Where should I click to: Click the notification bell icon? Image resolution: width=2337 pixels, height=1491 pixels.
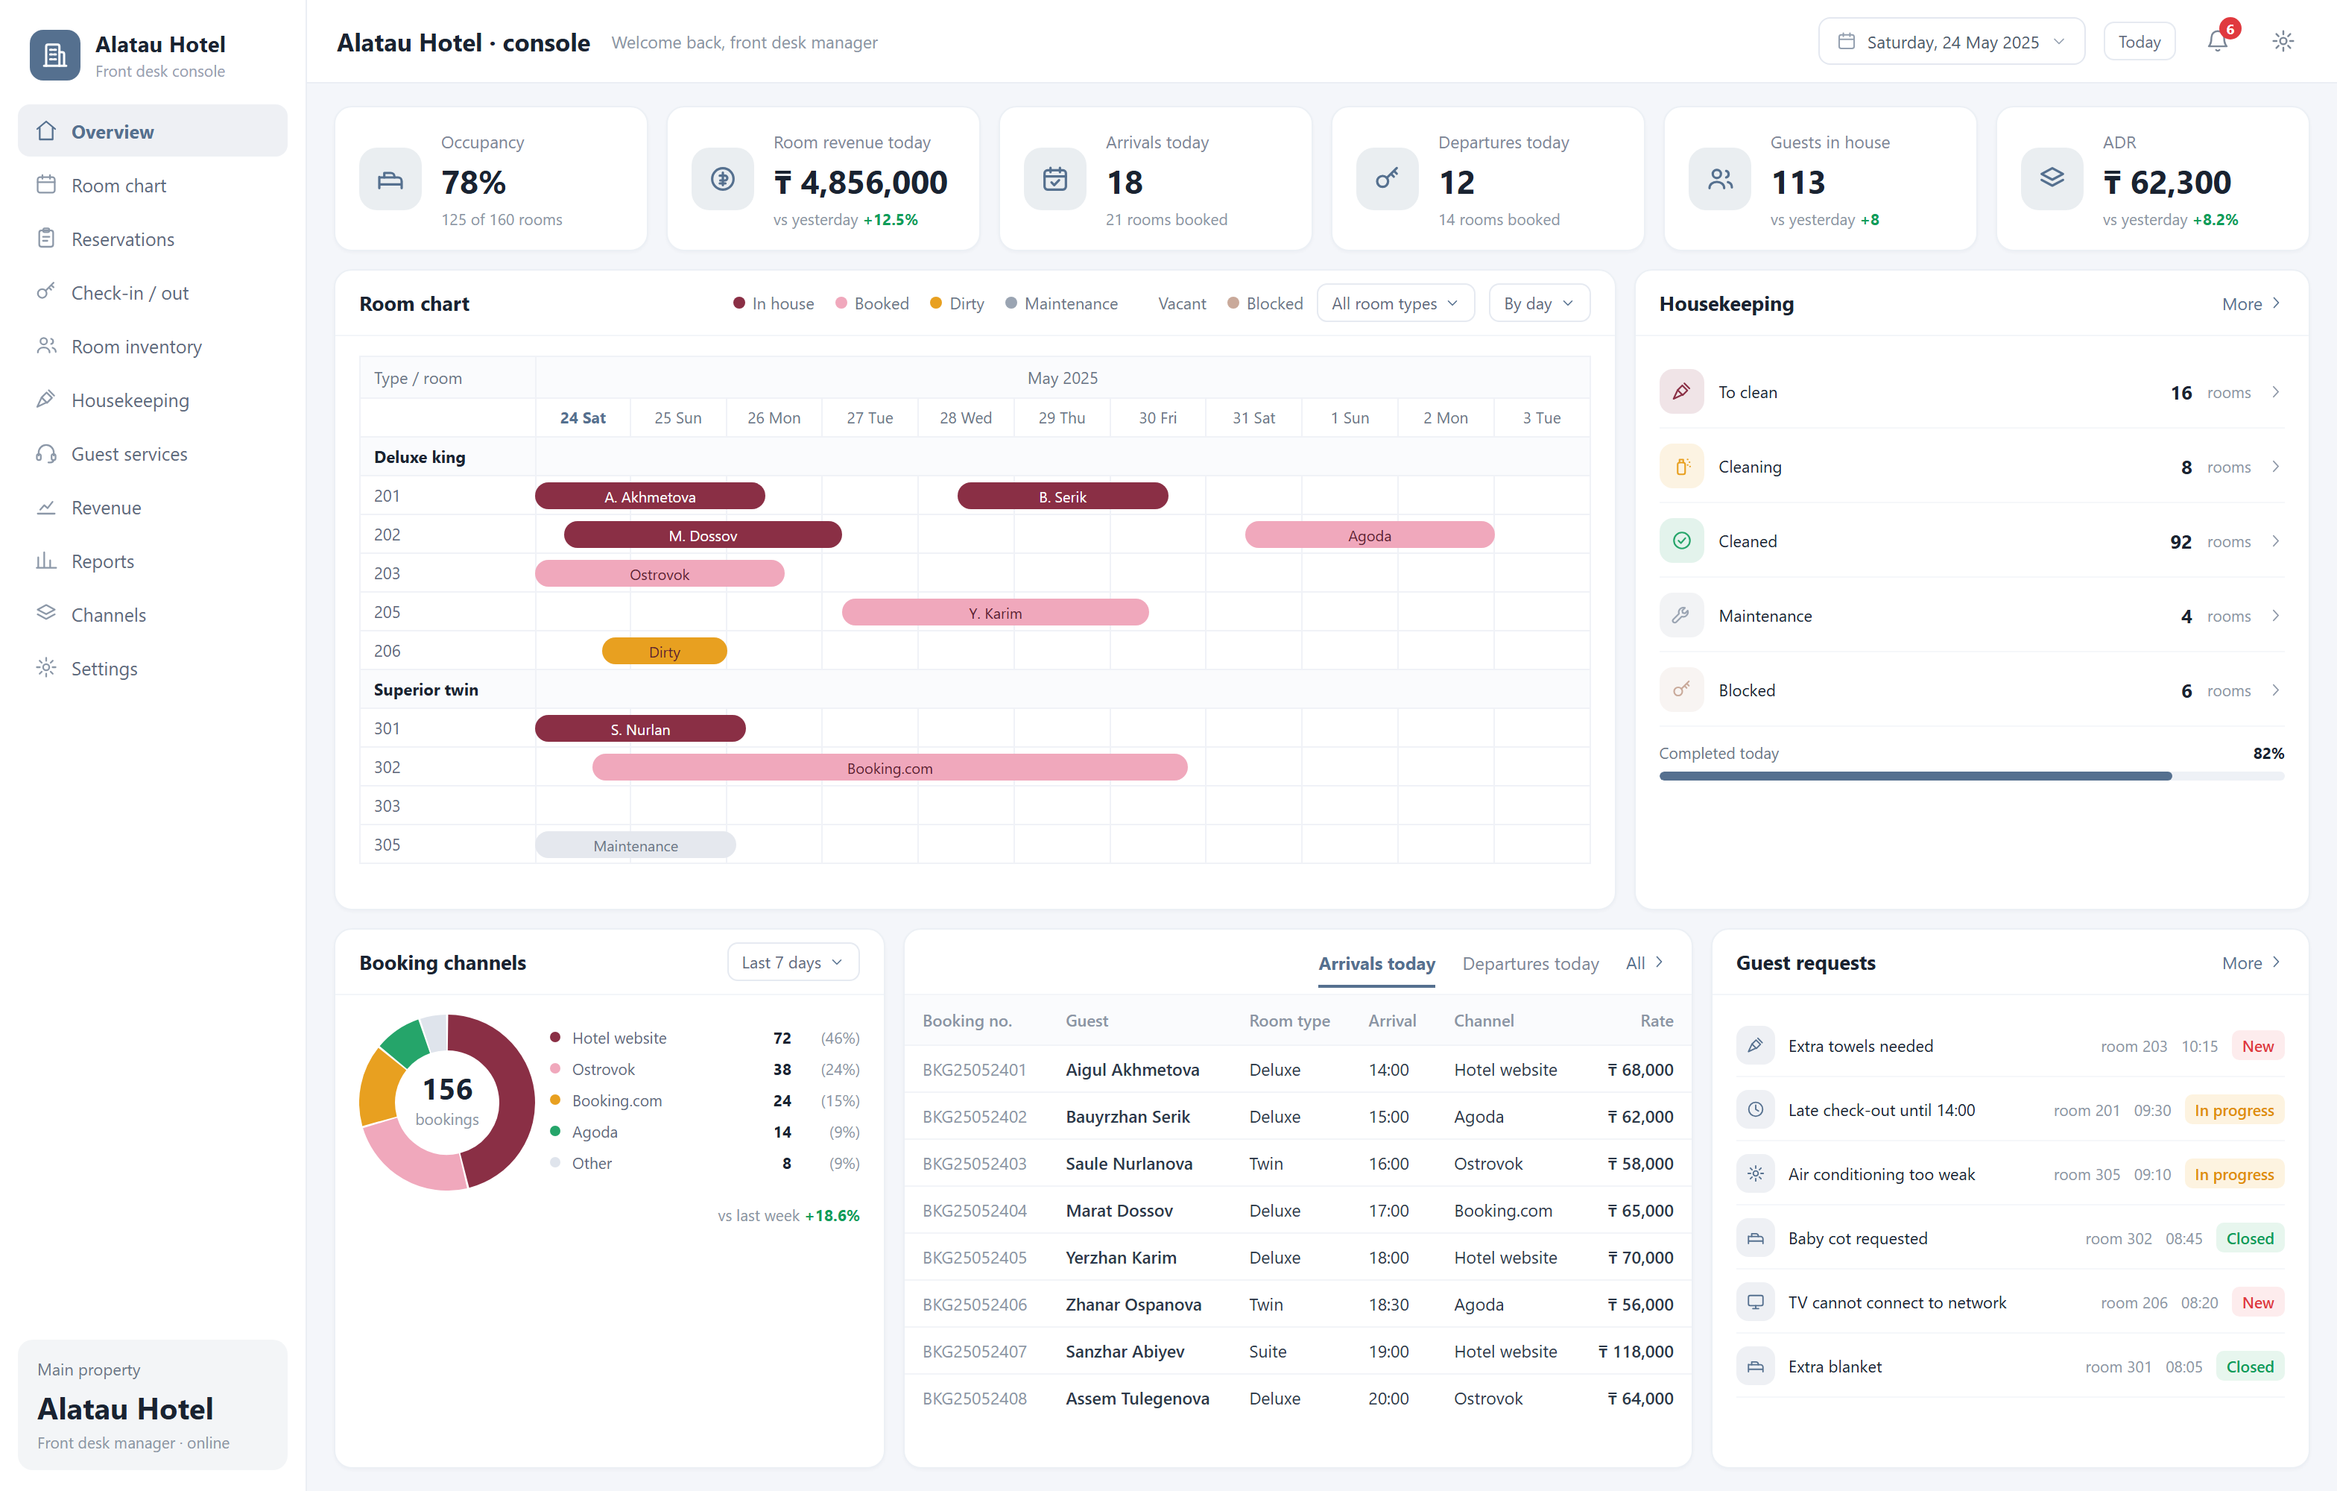[x=2218, y=42]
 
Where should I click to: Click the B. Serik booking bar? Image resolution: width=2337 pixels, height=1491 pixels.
[x=1063, y=496]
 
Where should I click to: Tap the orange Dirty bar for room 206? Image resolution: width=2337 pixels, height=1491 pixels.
[x=665, y=652]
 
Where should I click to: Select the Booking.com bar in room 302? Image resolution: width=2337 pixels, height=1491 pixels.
[x=890, y=768]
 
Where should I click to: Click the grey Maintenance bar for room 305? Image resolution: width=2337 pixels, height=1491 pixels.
[x=636, y=845]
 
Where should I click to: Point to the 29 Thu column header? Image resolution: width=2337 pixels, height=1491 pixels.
[x=1062, y=417]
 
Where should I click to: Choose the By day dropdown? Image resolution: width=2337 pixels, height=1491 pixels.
[x=1539, y=304]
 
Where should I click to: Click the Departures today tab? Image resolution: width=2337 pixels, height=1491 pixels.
[x=1531, y=964]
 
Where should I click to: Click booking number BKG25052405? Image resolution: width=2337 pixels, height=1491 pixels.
[x=975, y=1257]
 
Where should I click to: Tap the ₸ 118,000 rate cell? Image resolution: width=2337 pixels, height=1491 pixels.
[x=1636, y=1351]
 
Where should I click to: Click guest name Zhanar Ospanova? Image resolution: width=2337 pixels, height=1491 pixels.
[x=1133, y=1305]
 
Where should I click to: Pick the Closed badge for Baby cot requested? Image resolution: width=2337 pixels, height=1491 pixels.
[x=2250, y=1238]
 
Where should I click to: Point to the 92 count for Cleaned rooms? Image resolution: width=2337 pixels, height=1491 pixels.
[x=2181, y=542]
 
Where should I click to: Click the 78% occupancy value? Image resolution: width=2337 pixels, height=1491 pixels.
[x=474, y=183]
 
